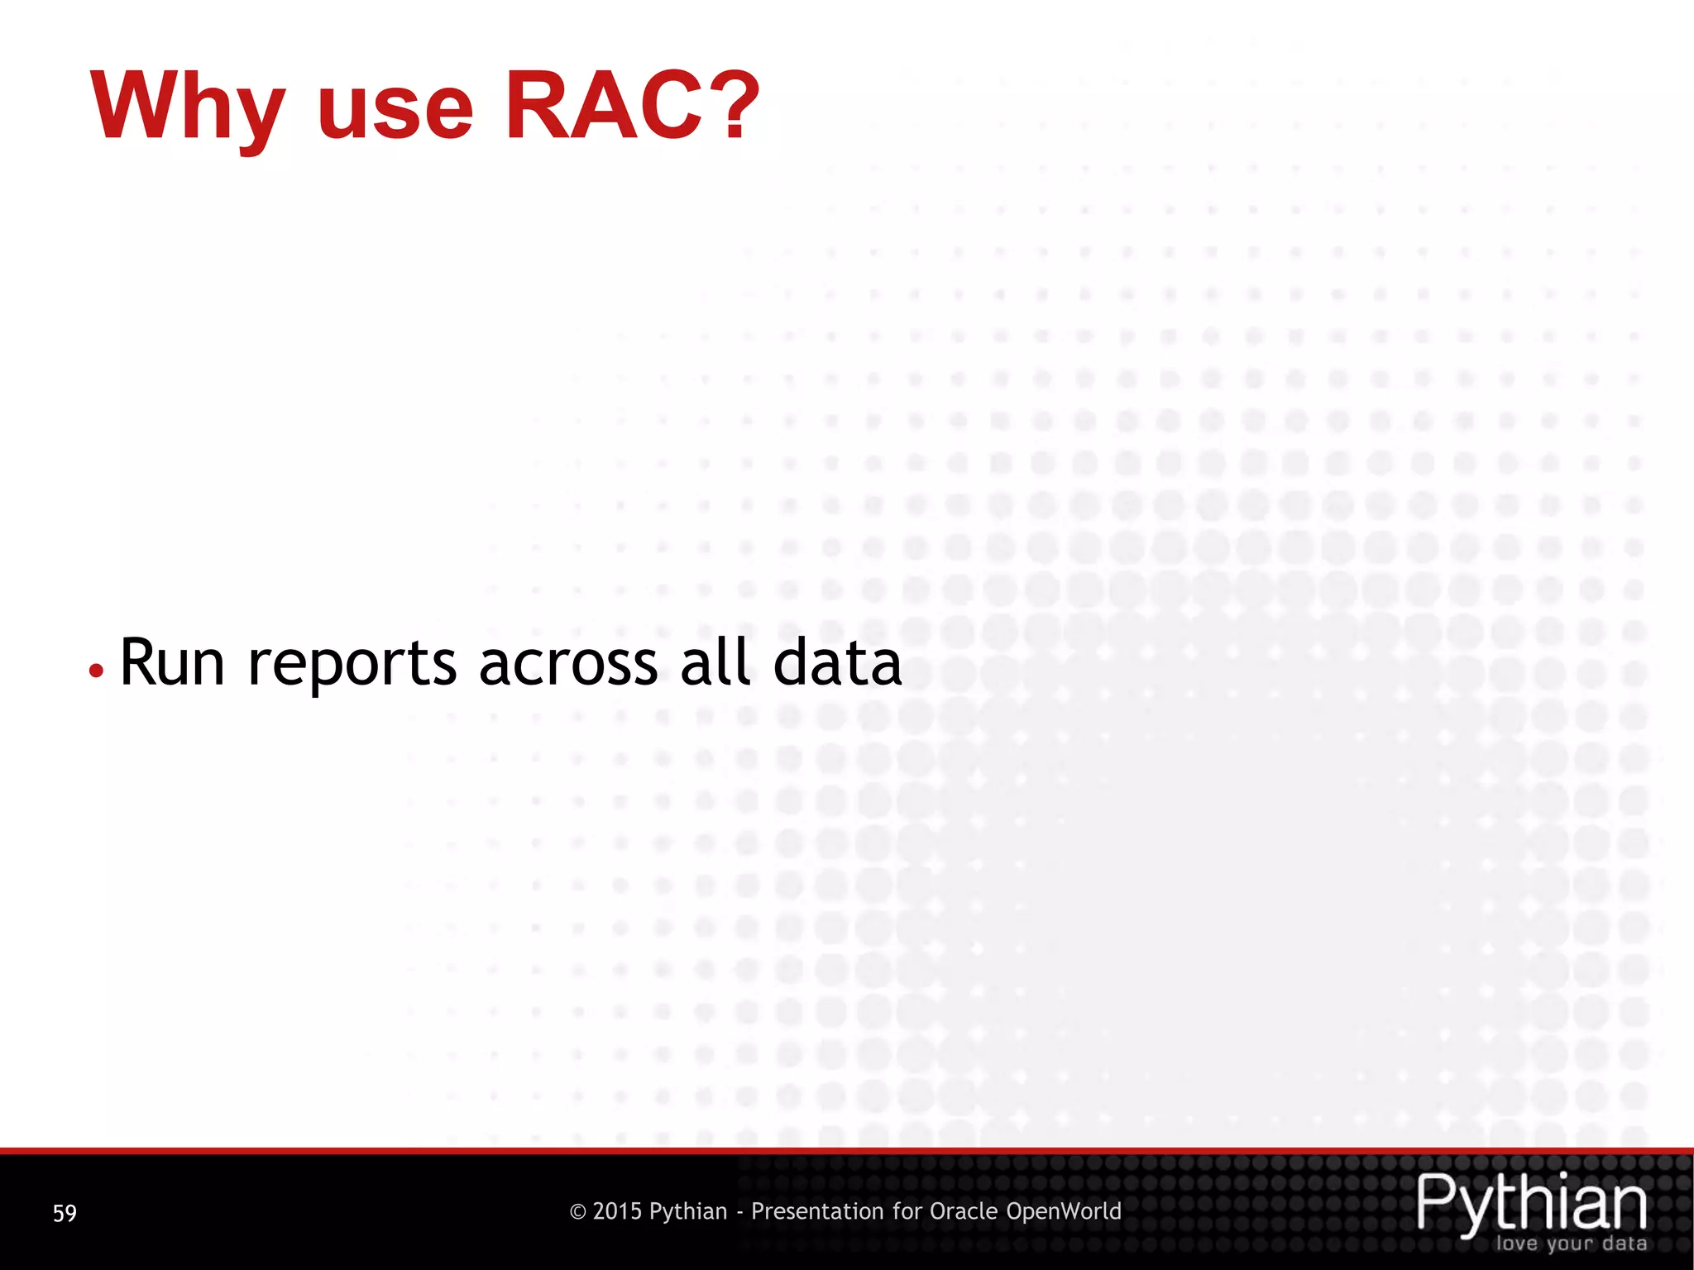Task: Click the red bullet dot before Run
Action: tap(97, 671)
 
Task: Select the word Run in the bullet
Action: tap(172, 663)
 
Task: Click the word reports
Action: tap(352, 666)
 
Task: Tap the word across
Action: tap(568, 664)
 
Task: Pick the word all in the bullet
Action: tap(715, 662)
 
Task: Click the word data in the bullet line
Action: tap(837, 663)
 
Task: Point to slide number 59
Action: tap(65, 1213)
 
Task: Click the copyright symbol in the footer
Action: tap(578, 1212)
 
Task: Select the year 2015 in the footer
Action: tap(617, 1211)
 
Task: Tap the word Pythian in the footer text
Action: tap(687, 1212)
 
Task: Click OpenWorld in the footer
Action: tap(1064, 1211)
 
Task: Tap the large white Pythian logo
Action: tap(1532, 1203)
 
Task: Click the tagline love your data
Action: tap(1570, 1244)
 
